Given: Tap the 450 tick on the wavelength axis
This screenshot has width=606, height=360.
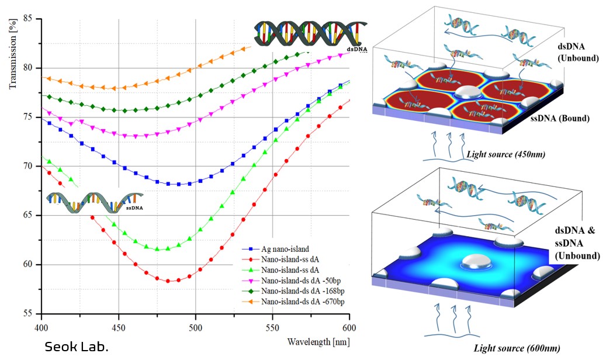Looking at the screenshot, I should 119,326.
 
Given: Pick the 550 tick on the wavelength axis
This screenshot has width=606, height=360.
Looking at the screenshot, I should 273,326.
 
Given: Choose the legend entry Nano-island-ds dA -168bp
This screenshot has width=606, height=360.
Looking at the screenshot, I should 297,291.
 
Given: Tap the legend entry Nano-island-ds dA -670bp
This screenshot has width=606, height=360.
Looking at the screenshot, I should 297,301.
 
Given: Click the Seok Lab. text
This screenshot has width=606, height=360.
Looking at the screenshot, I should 77,347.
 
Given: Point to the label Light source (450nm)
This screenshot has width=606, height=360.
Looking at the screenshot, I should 500,155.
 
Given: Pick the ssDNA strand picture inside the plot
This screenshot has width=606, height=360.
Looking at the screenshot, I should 94,202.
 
